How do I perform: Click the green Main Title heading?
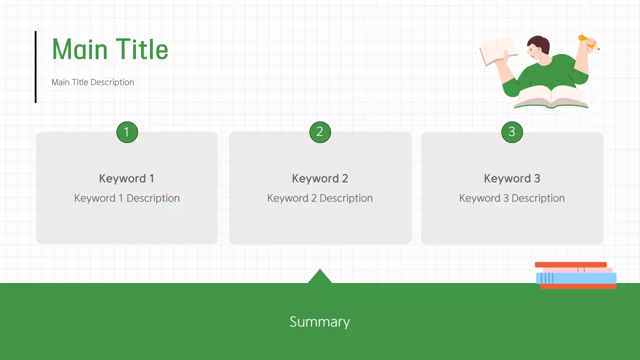pyautogui.click(x=110, y=49)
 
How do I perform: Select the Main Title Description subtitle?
pyautogui.click(x=92, y=82)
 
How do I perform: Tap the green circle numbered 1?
pyautogui.click(x=127, y=132)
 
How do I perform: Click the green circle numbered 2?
pyautogui.click(x=320, y=132)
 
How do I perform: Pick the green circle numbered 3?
pyautogui.click(x=512, y=132)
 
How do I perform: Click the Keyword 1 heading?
pyautogui.click(x=126, y=178)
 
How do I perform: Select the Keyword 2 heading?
pyautogui.click(x=320, y=178)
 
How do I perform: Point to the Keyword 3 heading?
pyautogui.click(x=512, y=178)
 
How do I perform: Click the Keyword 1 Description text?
pyautogui.click(x=127, y=198)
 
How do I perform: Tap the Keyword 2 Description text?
pyautogui.click(x=320, y=198)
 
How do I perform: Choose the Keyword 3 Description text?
pyautogui.click(x=512, y=198)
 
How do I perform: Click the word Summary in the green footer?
pyautogui.click(x=320, y=321)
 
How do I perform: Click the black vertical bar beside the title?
pyautogui.click(x=35, y=67)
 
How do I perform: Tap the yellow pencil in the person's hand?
pyautogui.click(x=588, y=42)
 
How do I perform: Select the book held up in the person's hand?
pyautogui.click(x=497, y=51)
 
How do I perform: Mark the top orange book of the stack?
pyautogui.click(x=570, y=264)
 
